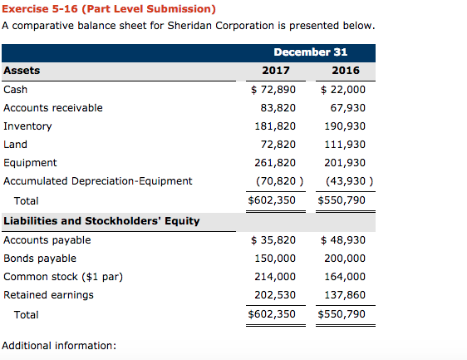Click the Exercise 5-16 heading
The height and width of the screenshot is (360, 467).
pos(109,9)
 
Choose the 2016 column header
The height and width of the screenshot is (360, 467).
pos(344,71)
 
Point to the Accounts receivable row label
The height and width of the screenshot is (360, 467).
pos(53,107)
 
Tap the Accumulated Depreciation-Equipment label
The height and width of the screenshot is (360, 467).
pos(97,180)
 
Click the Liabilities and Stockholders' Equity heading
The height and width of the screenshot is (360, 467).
pos(101,220)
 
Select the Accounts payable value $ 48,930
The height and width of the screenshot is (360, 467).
pos(342,240)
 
